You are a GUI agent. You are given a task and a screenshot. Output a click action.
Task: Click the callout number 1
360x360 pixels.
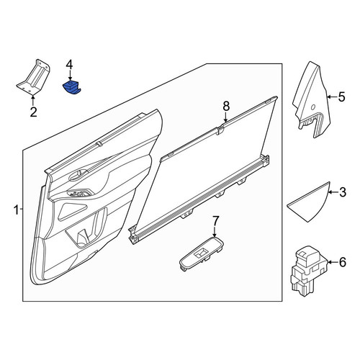pyautogui.click(x=16, y=210)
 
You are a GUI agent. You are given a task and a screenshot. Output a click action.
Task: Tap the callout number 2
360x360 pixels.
pyautogui.click(x=34, y=112)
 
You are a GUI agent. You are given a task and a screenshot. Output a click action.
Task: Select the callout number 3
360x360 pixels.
pyautogui.click(x=342, y=192)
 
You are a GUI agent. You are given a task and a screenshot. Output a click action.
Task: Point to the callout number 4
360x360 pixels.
pyautogui.click(x=69, y=65)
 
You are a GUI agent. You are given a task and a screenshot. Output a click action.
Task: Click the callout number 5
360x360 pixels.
pyautogui.click(x=341, y=96)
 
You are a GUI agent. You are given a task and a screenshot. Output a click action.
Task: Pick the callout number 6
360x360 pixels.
pyautogui.click(x=343, y=262)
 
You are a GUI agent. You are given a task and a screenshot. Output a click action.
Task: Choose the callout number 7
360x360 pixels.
pyautogui.click(x=215, y=220)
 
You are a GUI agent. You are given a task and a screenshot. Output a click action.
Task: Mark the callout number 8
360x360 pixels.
pyautogui.click(x=226, y=106)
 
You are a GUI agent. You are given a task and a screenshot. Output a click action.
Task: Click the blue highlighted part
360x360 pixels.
pyautogui.click(x=71, y=88)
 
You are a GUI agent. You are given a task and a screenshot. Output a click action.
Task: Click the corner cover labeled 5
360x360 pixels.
pyautogui.click(x=312, y=101)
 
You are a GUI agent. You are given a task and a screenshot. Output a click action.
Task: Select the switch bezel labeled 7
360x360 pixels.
pyautogui.click(x=202, y=253)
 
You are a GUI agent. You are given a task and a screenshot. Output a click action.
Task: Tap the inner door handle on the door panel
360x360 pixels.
pyautogui.click(x=78, y=175)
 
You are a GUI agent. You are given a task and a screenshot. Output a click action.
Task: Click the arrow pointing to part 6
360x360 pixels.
pyautogui.click(x=333, y=262)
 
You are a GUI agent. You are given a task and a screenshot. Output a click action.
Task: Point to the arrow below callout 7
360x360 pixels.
pyautogui.click(x=215, y=232)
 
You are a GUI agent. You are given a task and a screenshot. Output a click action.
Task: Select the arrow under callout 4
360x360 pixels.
pyautogui.click(x=70, y=76)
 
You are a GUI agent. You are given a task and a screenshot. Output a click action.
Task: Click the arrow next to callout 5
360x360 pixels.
pyautogui.click(x=332, y=96)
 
